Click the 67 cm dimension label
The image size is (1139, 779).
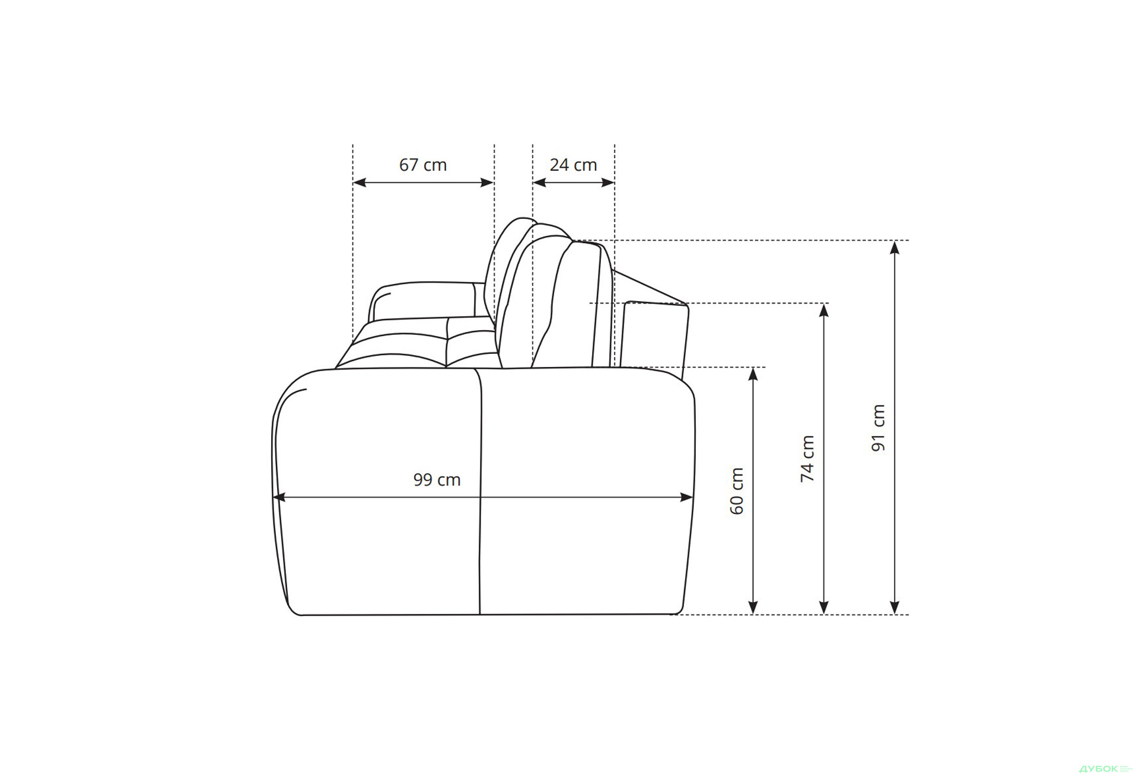pos(422,165)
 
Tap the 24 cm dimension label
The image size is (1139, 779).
pos(573,165)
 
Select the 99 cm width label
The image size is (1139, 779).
pos(437,480)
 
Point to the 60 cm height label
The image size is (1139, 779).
pos(736,491)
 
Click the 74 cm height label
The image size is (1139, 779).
pos(807,458)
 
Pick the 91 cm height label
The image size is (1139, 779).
pos(879,427)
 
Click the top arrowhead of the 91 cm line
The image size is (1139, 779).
pos(895,247)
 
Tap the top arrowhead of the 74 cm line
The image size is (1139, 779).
pos(823,310)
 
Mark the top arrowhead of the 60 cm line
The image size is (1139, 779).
pos(753,374)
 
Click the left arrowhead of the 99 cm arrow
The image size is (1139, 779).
pos(279,497)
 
